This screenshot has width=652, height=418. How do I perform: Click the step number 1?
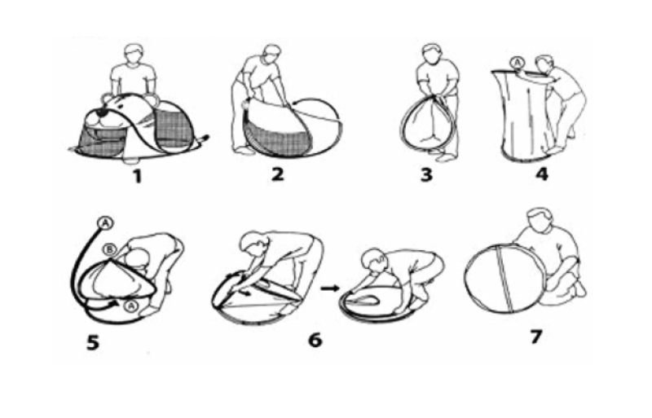138,176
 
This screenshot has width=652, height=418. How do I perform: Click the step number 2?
277,174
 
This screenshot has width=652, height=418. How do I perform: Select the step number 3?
426,174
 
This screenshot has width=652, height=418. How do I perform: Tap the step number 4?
541,174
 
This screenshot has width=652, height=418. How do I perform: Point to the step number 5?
93,343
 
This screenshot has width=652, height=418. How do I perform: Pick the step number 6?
315,340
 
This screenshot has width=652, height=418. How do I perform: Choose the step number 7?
536,337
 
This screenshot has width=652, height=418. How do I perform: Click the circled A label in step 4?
517,64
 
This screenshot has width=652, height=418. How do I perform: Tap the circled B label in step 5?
109,249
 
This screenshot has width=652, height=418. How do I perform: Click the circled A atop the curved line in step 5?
105,223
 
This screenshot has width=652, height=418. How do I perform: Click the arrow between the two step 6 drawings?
330,288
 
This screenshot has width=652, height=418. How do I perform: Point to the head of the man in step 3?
433,53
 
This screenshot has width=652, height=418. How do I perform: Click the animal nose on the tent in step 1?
101,112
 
